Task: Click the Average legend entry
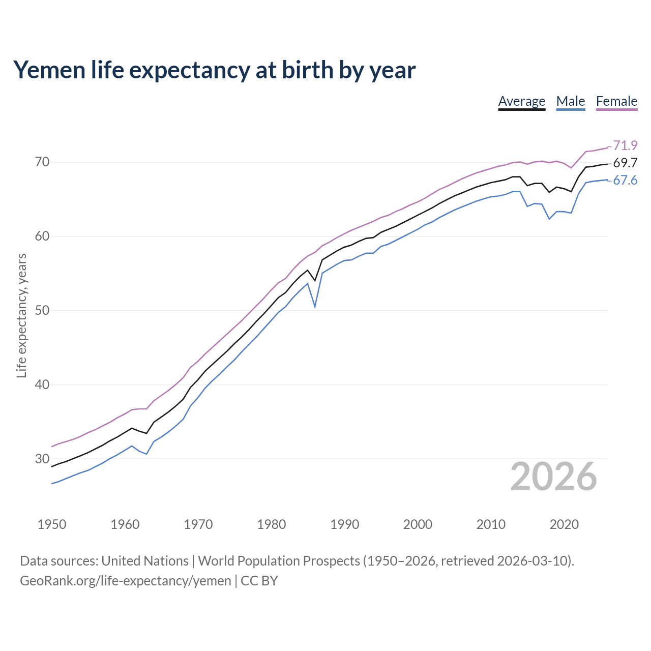tap(521, 101)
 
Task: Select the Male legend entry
tap(571, 101)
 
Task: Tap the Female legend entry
tap(616, 101)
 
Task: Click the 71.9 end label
tap(625, 145)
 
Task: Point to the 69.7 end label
tap(625, 163)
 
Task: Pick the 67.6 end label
tap(625, 181)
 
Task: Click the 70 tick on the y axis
tap(42, 162)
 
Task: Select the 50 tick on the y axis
tap(42, 310)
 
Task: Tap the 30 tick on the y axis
tap(42, 459)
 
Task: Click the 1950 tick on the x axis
tap(52, 524)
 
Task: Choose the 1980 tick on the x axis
tap(271, 524)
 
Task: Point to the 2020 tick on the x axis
tap(564, 524)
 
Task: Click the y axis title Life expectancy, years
tap(21, 315)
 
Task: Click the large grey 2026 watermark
tap(553, 477)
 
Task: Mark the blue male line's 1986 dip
tap(315, 307)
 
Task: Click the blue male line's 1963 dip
tap(146, 454)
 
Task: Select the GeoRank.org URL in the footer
tap(125, 580)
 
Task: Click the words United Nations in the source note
tap(145, 560)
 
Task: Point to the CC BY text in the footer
tap(259, 580)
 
